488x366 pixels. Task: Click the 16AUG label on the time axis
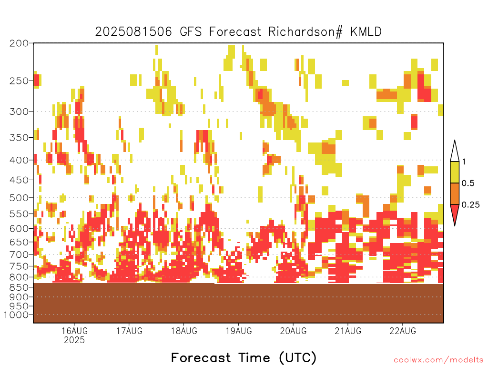74,331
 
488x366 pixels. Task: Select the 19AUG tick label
239,331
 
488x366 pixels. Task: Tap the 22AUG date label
403,331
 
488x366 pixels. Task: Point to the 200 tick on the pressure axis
19,43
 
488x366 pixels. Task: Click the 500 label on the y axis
19,198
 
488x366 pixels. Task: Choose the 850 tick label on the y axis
19,287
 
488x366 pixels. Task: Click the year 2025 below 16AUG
74,340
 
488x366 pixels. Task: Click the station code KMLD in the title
366,32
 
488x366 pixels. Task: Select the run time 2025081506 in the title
133,32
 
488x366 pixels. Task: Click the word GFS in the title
191,32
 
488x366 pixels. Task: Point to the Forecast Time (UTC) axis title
244,357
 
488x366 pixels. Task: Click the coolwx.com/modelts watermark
438,360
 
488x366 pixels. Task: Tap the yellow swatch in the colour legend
455,172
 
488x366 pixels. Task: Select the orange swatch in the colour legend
455,193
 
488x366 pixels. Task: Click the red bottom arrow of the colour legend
455,214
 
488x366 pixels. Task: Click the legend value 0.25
470,204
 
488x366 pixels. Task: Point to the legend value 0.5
468,183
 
